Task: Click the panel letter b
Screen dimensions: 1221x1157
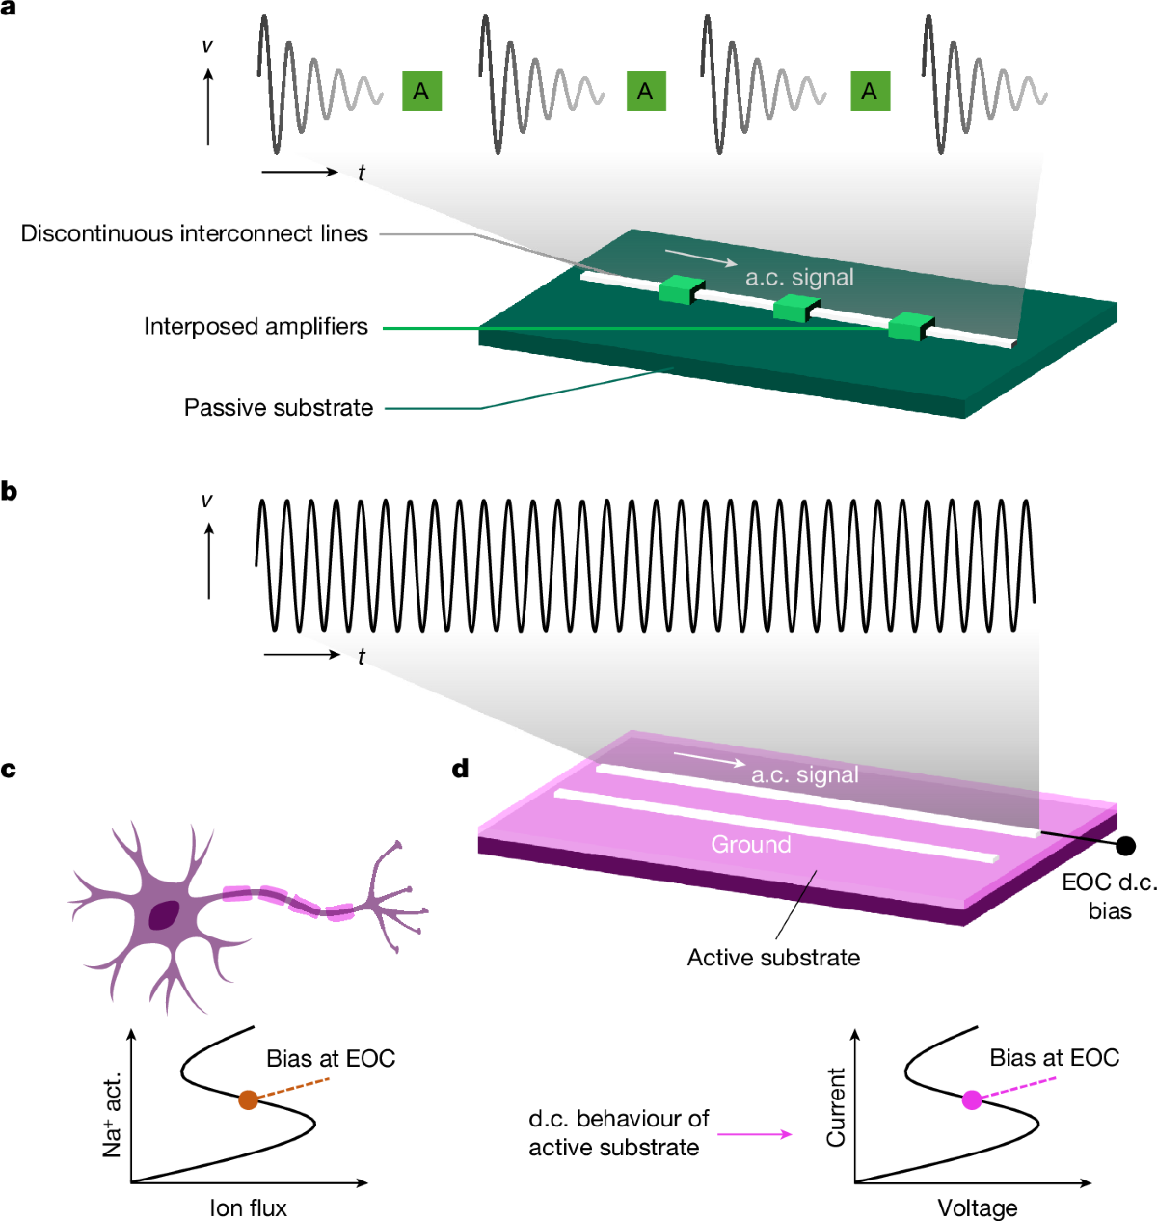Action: pyautogui.click(x=10, y=492)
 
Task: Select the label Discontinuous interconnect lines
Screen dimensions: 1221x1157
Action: pyautogui.click(x=195, y=234)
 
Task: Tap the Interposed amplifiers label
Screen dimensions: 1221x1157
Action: pyautogui.click(x=256, y=327)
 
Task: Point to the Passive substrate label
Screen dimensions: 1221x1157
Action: pyautogui.click(x=278, y=408)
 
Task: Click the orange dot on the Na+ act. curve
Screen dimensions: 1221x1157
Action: pyautogui.click(x=248, y=1099)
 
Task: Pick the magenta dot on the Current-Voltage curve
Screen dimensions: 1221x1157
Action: pyautogui.click(x=972, y=1099)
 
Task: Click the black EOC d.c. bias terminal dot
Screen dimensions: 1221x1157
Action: pyautogui.click(x=1125, y=846)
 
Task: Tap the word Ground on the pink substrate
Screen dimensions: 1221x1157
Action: pyautogui.click(x=750, y=845)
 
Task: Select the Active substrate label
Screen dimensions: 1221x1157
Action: pyautogui.click(x=773, y=958)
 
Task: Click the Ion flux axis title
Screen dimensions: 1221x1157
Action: pyautogui.click(x=248, y=1208)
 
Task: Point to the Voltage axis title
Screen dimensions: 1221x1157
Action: pyautogui.click(x=977, y=1208)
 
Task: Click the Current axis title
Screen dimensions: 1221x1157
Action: pyautogui.click(x=836, y=1106)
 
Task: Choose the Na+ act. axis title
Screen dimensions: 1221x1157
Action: pyautogui.click(x=113, y=1113)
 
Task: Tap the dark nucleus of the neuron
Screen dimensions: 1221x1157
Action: pyautogui.click(x=165, y=913)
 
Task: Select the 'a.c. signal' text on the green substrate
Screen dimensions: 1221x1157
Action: pyautogui.click(x=799, y=278)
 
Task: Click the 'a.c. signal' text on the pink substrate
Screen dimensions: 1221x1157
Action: pyautogui.click(x=804, y=775)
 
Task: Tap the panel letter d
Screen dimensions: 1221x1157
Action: pyautogui.click(x=461, y=769)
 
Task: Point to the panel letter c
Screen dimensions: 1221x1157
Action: pyautogui.click(x=9, y=770)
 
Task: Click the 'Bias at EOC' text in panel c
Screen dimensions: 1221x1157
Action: pyautogui.click(x=331, y=1059)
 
